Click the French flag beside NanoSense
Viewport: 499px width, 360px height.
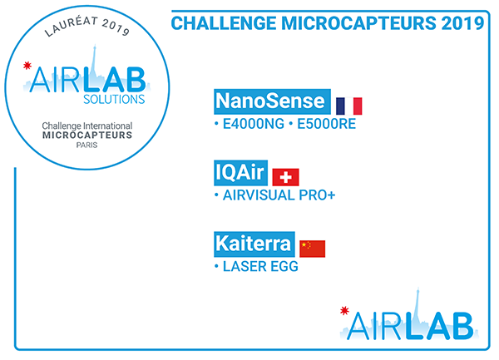(x=348, y=106)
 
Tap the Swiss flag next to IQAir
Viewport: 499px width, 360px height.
(x=285, y=177)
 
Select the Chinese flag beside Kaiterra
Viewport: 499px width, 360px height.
(x=312, y=249)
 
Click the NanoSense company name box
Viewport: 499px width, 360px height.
(x=272, y=101)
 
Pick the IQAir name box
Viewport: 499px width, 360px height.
(x=240, y=173)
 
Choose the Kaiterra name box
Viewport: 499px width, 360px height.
(x=254, y=244)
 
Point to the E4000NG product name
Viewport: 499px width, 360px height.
(x=254, y=124)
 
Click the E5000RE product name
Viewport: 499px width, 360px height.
(x=326, y=124)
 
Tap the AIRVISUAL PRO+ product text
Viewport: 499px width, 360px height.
(x=279, y=195)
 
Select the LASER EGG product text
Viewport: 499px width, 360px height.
(x=260, y=267)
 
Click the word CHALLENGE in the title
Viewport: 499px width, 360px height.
(x=224, y=23)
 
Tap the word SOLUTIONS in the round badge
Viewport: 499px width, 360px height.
(x=114, y=99)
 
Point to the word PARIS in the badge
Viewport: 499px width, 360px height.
(x=86, y=145)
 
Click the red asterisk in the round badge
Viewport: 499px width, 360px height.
(x=27, y=66)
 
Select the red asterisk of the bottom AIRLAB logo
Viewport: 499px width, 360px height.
(x=344, y=310)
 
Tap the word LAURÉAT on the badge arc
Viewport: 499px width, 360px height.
(x=71, y=26)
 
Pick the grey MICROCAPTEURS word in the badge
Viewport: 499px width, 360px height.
(x=87, y=136)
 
